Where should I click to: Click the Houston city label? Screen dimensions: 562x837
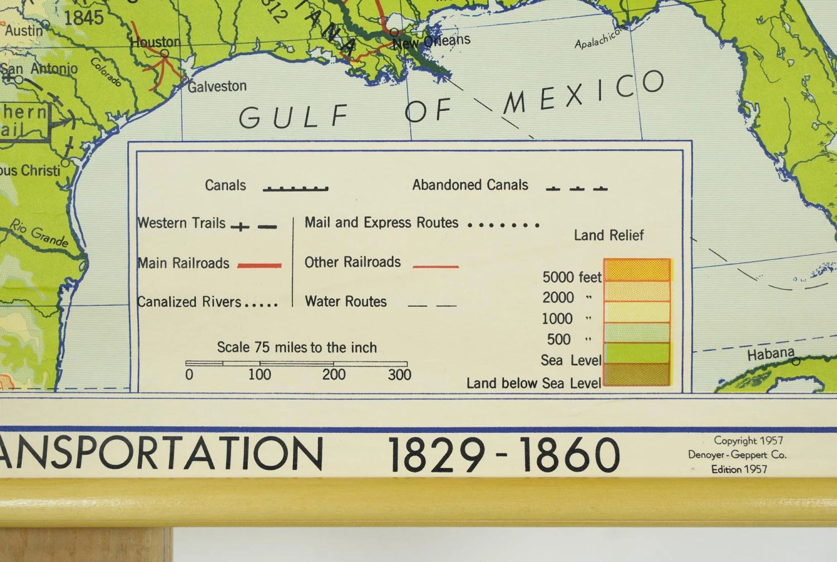tap(156, 42)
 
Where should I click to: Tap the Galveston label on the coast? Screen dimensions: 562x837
tap(217, 87)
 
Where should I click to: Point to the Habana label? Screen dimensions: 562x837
tap(771, 354)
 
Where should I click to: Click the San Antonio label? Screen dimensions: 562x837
tap(39, 69)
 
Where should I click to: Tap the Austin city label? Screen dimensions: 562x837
tap(24, 30)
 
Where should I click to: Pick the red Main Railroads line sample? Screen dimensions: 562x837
tap(259, 265)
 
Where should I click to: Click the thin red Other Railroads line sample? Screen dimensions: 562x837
tap(435, 267)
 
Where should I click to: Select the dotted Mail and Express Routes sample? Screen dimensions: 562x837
tap(503, 225)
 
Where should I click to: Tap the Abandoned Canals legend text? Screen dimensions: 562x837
tap(470, 185)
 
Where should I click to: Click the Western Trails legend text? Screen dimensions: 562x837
tap(182, 223)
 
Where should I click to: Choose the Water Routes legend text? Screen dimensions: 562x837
tap(345, 302)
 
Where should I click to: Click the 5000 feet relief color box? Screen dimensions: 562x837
tap(637, 270)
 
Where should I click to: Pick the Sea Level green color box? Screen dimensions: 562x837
tap(637, 353)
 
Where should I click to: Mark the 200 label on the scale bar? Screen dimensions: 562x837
tap(334, 375)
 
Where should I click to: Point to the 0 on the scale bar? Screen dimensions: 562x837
tap(189, 375)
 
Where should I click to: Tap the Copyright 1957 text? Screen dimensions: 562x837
tap(748, 441)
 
